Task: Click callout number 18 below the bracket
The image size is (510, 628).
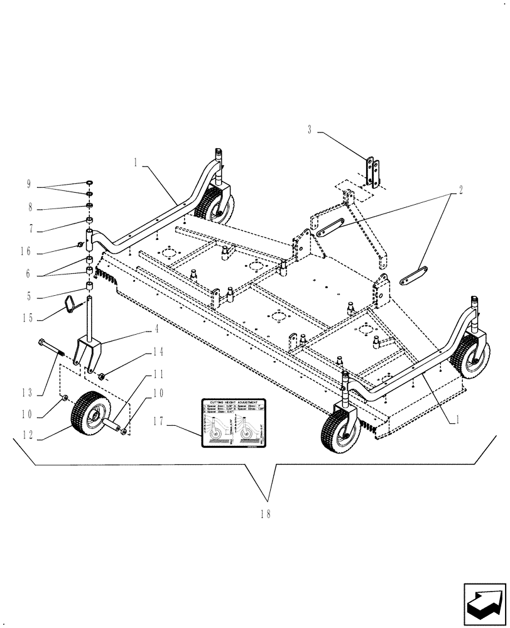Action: tap(265, 514)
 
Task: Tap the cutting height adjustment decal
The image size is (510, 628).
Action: tap(234, 423)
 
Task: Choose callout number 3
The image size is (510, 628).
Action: tap(310, 130)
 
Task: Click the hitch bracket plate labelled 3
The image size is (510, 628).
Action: tap(374, 172)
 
